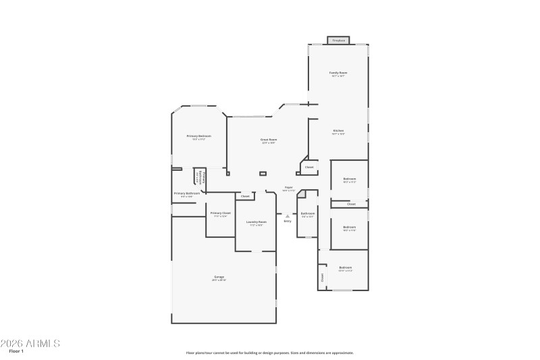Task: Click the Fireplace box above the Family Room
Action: (339, 41)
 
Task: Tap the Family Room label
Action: (338, 72)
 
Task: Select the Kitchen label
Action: (338, 130)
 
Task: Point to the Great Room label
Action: (269, 140)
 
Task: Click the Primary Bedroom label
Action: (199, 136)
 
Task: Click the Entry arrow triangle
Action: (288, 215)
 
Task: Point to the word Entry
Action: (288, 221)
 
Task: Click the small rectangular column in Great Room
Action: (263, 174)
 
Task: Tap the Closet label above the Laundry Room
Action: (245, 196)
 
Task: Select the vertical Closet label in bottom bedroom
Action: (323, 277)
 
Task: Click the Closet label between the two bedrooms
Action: (351, 203)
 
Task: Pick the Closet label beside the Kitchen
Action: (309, 167)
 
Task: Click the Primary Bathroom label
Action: (187, 194)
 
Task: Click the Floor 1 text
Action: (16, 351)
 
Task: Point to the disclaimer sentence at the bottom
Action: (269, 353)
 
